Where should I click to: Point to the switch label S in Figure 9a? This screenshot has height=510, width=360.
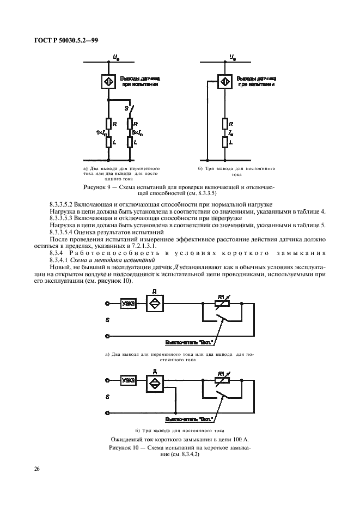(126, 109)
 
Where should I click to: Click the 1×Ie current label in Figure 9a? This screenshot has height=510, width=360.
(99, 132)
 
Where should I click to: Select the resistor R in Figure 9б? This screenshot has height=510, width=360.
(224, 124)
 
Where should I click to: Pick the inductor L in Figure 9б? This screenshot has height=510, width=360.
(224, 142)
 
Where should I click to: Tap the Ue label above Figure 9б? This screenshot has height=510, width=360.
(232, 56)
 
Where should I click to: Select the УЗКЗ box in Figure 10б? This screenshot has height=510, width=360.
(129, 380)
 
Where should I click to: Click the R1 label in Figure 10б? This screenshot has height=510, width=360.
(221, 373)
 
